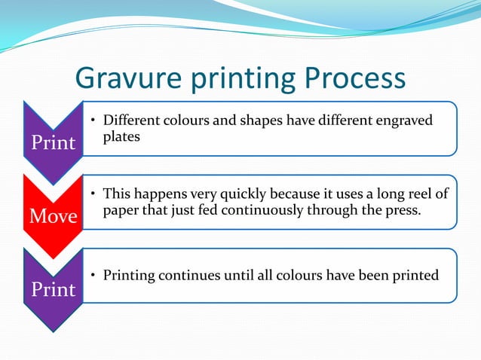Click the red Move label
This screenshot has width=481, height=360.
(x=53, y=217)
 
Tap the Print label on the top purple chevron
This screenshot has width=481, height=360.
(x=53, y=142)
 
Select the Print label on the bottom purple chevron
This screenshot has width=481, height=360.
(x=53, y=289)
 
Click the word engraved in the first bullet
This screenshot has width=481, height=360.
(x=407, y=121)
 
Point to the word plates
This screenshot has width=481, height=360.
(x=121, y=136)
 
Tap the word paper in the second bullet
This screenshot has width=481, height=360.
(x=121, y=210)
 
